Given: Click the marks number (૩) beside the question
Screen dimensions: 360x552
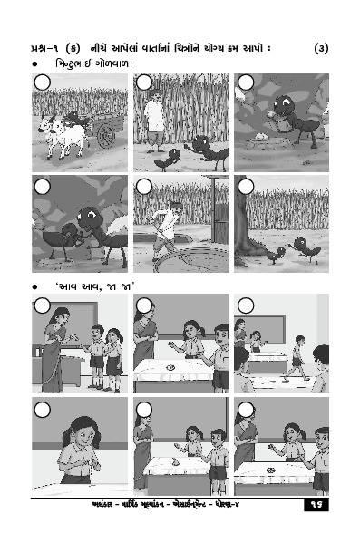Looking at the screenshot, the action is (x=321, y=48).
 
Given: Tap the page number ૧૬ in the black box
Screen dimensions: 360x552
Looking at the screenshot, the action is (x=316, y=505).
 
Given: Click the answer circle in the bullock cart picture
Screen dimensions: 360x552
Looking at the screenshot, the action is (x=43, y=83).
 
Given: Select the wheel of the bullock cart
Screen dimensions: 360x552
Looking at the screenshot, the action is (x=106, y=136).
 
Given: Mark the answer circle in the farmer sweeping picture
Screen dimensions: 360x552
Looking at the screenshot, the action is (x=144, y=187).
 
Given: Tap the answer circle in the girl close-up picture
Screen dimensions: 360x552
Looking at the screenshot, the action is (x=43, y=410).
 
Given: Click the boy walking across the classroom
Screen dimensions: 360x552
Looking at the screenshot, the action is (x=297, y=358).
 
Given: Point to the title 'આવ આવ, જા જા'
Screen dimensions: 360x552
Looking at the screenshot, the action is (x=94, y=287).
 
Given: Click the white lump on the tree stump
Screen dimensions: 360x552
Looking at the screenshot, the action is (x=261, y=136).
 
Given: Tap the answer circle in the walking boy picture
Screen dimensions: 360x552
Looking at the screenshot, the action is (x=246, y=306).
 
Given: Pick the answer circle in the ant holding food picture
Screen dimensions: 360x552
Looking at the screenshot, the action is (x=246, y=82).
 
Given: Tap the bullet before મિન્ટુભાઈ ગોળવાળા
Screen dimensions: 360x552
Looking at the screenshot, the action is (x=34, y=65).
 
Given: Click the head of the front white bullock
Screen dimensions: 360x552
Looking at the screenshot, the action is (x=45, y=126).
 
